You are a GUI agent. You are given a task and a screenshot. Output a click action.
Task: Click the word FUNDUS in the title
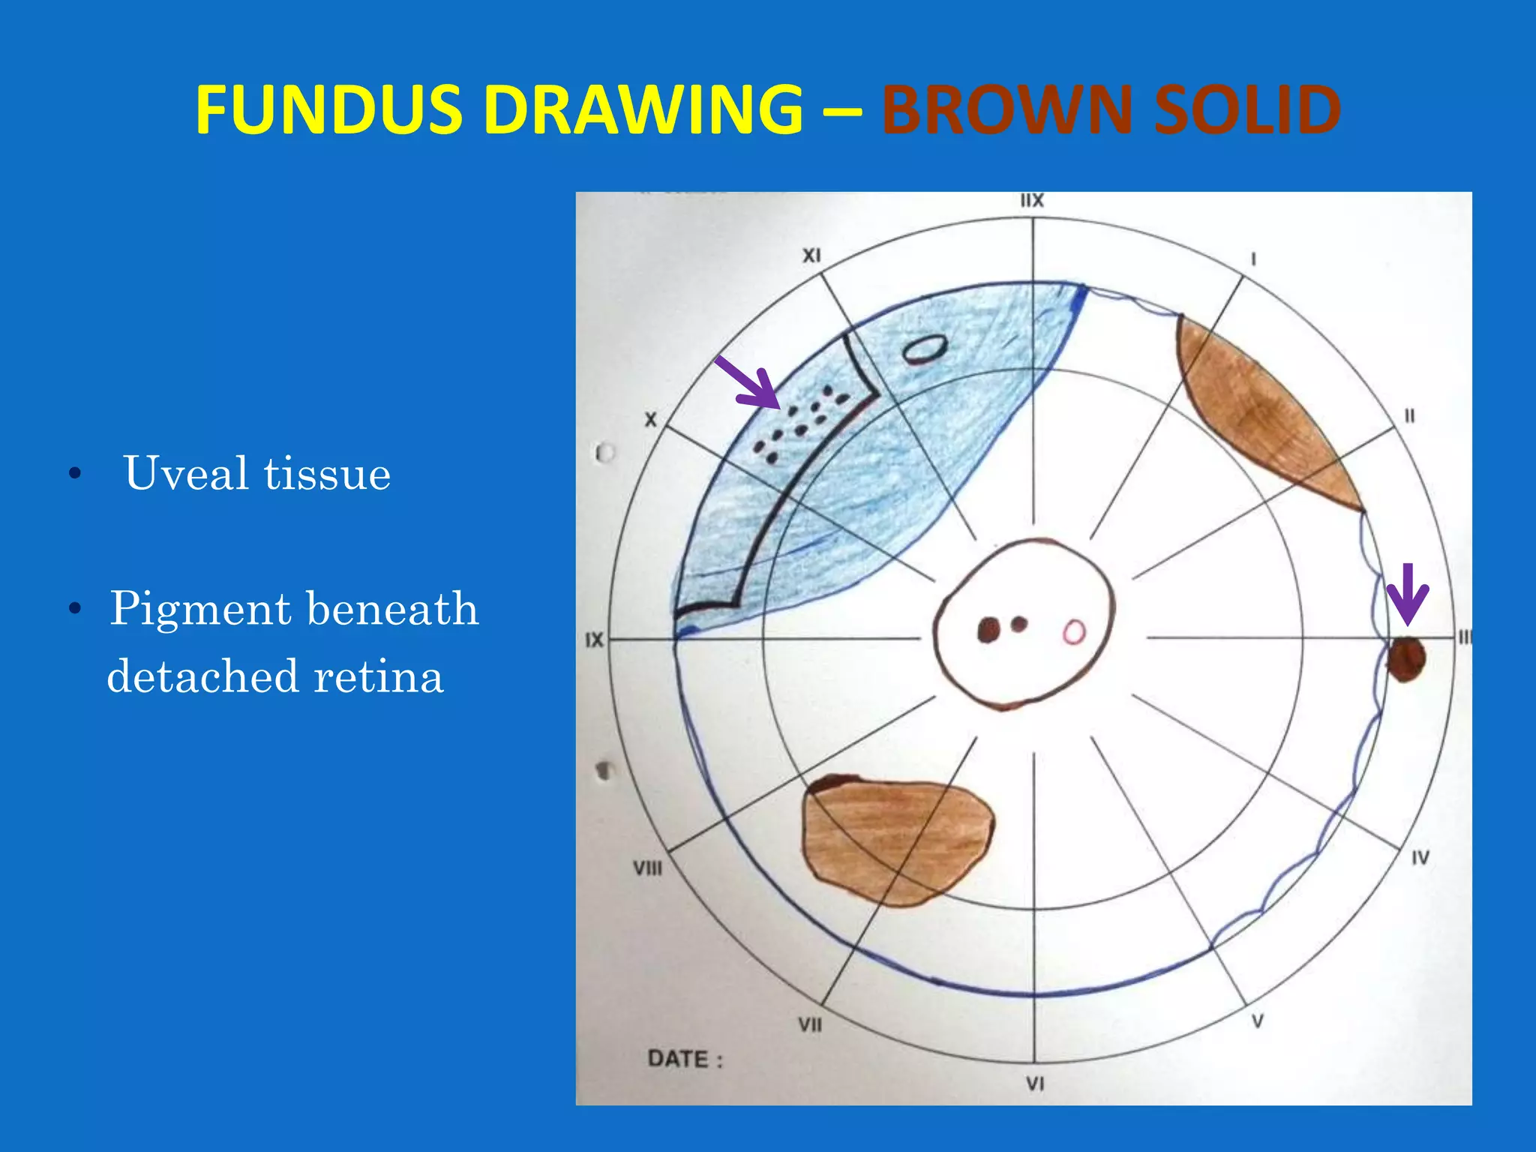[328, 110]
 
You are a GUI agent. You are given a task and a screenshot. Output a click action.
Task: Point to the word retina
[379, 676]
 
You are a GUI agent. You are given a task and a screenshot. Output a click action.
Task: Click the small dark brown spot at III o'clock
[1405, 659]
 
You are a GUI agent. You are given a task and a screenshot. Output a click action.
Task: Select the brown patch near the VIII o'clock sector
[896, 838]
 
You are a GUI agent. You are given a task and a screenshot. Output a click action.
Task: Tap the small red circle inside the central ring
[1074, 632]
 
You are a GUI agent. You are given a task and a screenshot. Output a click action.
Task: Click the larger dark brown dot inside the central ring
[989, 630]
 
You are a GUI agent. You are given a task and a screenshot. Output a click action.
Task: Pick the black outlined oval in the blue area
[924, 349]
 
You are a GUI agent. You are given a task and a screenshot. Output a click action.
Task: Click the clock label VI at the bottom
[1035, 1083]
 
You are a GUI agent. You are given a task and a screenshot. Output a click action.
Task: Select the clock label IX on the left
[594, 640]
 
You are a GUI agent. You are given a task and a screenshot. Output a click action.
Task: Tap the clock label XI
[811, 256]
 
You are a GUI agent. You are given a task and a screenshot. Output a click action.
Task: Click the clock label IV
[1420, 857]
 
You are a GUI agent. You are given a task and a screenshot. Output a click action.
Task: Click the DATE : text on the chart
[685, 1059]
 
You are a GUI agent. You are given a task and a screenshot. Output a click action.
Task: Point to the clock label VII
[809, 1024]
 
